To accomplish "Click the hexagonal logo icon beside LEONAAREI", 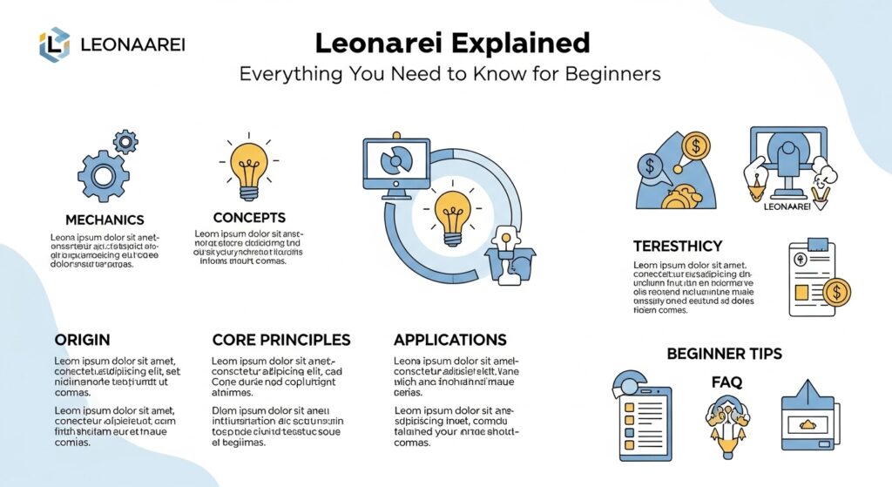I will tap(54, 44).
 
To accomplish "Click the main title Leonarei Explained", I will tap(452, 43).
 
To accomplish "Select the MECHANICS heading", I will tap(105, 220).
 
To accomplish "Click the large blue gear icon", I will tap(103, 176).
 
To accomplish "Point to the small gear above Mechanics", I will tap(126, 141).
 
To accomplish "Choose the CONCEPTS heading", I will tap(249, 217).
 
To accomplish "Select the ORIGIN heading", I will tap(82, 340).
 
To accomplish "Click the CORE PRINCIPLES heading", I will tap(281, 340).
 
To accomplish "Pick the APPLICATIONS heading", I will tap(450, 340).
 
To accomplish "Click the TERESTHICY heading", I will tap(678, 246).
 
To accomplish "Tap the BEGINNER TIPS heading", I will tap(724, 354).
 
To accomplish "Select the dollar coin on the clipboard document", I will tap(836, 291).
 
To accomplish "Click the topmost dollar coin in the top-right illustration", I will tap(696, 145).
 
